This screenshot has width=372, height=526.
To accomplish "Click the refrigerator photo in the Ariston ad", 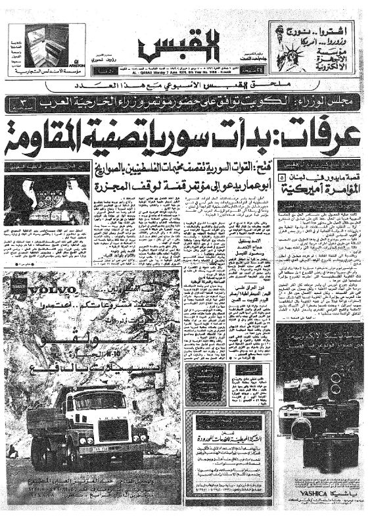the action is click(48, 45).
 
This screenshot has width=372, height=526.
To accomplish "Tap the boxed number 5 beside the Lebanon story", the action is click(282, 177).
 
